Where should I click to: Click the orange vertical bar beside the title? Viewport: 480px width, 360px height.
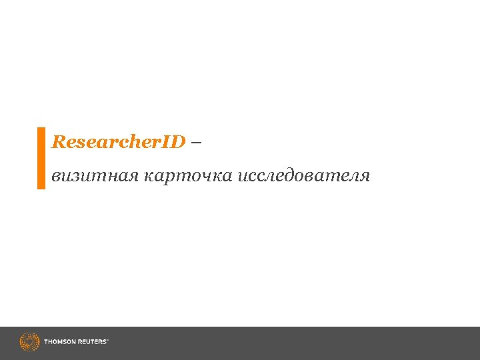point(41,158)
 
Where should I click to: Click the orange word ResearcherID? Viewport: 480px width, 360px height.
point(118,142)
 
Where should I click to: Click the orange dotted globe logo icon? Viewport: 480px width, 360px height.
point(29,342)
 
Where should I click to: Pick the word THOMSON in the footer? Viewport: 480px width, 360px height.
point(60,342)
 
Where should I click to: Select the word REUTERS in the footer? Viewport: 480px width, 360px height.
point(91,342)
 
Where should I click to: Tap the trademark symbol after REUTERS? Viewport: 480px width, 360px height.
point(107,340)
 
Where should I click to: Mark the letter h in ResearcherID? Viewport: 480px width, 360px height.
point(140,142)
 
